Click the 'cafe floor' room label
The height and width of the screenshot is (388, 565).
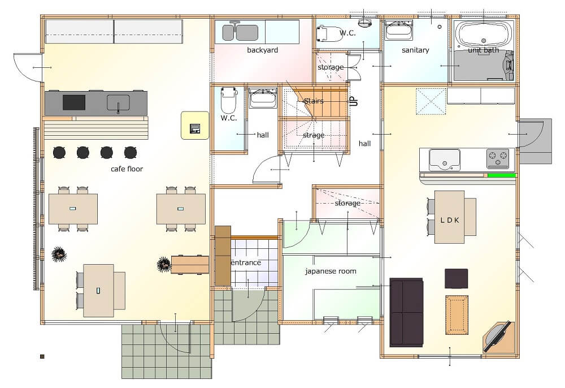pos(127,169)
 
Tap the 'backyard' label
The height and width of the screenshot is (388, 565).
pos(262,50)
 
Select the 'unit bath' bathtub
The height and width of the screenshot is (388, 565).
pos(483,35)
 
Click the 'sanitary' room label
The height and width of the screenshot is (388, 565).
pos(415,50)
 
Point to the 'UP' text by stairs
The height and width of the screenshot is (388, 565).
pos(354,101)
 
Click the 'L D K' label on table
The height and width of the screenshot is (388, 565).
pos(449,220)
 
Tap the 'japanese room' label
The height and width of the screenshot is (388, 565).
pos(331,271)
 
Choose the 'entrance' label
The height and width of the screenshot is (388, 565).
pos(246,262)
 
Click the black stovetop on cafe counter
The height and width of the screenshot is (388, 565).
pos(74,102)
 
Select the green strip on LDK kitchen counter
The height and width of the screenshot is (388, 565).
pos(502,175)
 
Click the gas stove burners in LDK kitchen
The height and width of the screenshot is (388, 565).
pos(498,159)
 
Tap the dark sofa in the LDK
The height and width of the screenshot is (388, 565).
pos(406,312)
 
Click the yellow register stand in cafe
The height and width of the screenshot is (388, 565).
pos(194,125)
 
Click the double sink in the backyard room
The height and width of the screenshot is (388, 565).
pos(240,32)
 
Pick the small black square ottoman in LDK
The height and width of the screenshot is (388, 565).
pos(456,278)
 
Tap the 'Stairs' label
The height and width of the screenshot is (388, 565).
pos(314,101)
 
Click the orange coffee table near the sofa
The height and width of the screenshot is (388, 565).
pos(457,315)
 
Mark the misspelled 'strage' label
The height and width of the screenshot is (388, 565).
pos(314,135)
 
